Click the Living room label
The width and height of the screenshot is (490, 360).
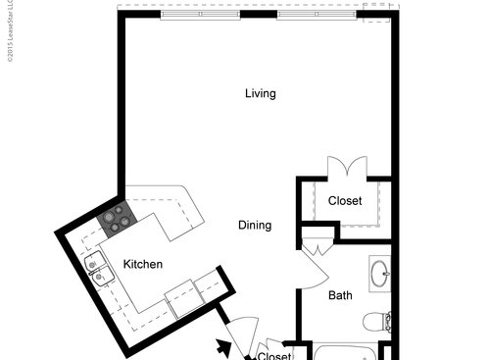click(260, 94)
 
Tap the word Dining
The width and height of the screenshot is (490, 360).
click(255, 225)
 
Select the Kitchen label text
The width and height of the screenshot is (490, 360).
click(143, 265)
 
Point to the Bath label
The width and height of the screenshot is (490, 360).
click(340, 294)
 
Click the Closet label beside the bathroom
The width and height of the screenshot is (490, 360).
click(344, 201)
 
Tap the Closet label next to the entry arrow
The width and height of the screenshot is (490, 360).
click(274, 355)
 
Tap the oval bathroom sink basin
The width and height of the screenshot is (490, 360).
click(379, 272)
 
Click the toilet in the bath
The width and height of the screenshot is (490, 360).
click(376, 320)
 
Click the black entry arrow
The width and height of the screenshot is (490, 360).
click(223, 345)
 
